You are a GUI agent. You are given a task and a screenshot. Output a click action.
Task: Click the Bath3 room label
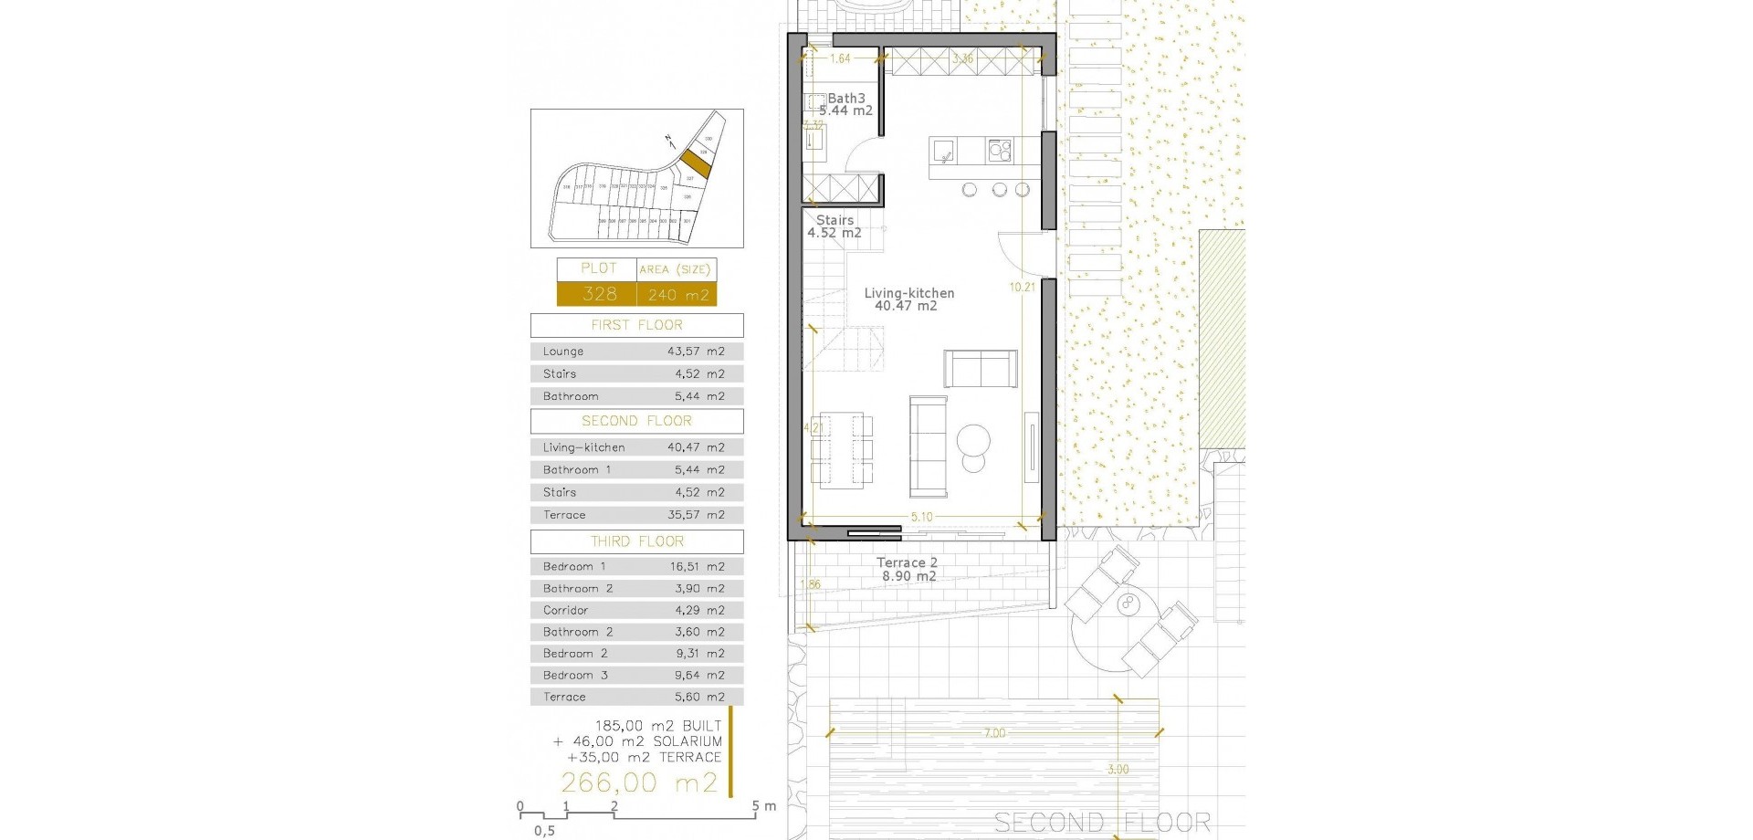point(846,99)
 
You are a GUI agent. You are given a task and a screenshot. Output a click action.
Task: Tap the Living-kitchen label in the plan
point(909,293)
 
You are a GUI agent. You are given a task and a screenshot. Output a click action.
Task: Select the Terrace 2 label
point(907,563)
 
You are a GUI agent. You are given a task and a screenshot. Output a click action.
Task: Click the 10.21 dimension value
point(1023,287)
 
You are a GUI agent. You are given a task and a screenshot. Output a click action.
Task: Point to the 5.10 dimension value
point(921,517)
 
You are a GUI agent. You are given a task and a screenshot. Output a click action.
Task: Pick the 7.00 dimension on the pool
point(994,733)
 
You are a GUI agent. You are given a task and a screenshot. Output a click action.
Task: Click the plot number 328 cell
point(599,294)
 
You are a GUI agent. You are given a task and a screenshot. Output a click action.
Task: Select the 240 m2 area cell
point(677,295)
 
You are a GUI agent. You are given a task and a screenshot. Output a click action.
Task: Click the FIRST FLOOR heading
point(636,325)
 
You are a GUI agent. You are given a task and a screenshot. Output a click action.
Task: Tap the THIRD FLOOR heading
point(636,541)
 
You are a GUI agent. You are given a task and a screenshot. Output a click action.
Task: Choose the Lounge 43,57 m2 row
point(636,352)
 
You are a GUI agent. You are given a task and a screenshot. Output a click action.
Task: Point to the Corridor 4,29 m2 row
point(636,610)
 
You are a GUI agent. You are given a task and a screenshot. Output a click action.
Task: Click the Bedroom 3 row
point(636,676)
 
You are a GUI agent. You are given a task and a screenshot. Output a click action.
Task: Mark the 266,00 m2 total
point(639,782)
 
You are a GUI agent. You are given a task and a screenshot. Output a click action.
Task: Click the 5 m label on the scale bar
point(764,806)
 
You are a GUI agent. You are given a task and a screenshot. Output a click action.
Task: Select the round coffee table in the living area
point(973,440)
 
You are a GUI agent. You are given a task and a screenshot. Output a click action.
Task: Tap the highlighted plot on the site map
point(696,163)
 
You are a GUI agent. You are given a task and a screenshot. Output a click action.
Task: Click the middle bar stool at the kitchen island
point(999,190)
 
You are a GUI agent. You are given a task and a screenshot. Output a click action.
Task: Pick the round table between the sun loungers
point(1129,604)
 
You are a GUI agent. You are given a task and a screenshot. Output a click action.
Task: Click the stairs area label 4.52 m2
point(834,233)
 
